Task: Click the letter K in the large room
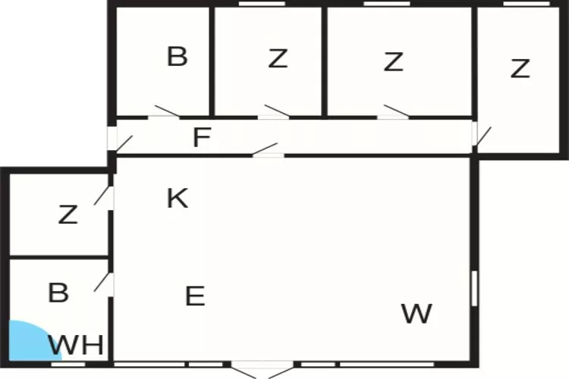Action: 178,198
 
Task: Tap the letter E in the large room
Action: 195,296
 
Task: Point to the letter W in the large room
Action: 417,313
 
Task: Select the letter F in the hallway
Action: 202,137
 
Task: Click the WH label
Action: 76,346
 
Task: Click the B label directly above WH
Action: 58,293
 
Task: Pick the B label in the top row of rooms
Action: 177,56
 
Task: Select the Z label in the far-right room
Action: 520,68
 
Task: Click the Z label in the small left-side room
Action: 68,214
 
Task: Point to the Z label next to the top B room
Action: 278,58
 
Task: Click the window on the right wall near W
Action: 474,288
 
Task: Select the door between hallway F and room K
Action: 267,150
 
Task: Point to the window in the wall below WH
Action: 68,364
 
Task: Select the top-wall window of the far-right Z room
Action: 527,4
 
